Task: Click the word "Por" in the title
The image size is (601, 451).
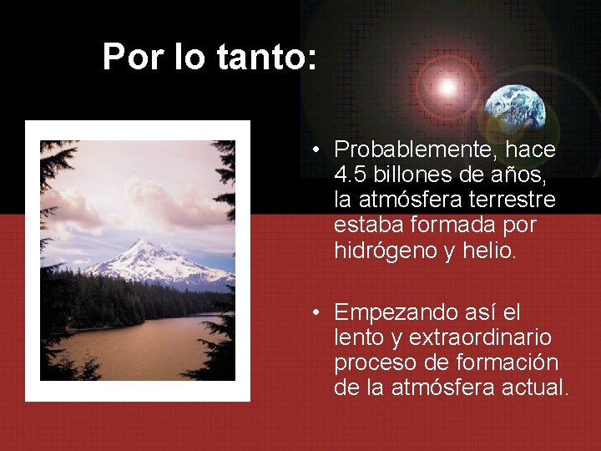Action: tap(129, 57)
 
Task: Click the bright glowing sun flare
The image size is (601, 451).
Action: tap(447, 86)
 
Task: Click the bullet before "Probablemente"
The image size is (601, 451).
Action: tap(318, 151)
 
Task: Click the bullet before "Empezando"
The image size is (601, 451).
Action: tap(318, 313)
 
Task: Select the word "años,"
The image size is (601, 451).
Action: tap(522, 175)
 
